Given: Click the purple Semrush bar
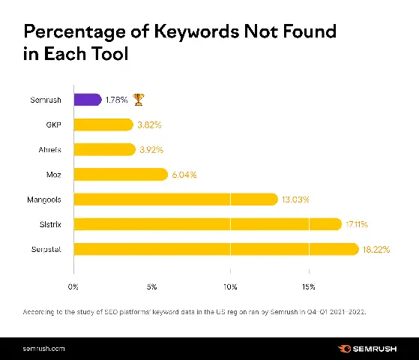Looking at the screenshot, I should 87,99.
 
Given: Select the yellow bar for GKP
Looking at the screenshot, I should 103,124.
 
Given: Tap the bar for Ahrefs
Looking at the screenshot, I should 103,149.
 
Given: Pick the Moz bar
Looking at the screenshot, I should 120,174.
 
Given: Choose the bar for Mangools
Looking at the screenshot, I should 175,199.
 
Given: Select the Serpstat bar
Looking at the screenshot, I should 215,248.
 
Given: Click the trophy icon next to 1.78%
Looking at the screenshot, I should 139,99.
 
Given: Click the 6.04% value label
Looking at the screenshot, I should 184,174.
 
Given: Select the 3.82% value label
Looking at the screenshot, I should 151,124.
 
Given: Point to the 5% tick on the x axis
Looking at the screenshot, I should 151,286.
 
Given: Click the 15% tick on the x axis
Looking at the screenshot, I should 308,286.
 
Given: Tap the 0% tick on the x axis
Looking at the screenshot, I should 73,286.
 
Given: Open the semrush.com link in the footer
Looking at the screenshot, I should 43,349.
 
